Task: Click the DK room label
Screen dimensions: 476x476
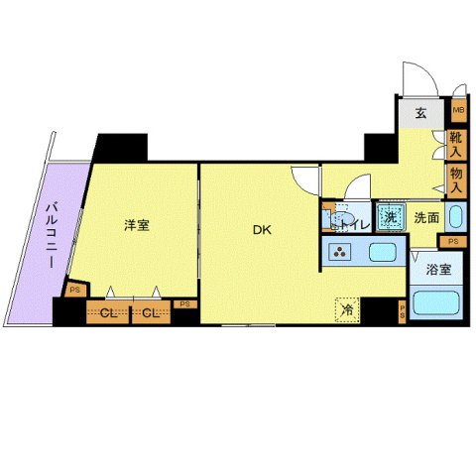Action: (261, 231)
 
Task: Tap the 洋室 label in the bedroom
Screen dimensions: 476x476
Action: (137, 225)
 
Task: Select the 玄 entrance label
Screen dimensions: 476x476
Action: (420, 113)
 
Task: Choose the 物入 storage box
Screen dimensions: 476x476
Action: (457, 178)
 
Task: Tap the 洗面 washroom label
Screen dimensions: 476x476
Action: (426, 217)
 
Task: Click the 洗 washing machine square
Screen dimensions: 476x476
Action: (391, 217)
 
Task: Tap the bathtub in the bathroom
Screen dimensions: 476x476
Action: (435, 300)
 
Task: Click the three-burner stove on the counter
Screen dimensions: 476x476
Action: (342, 253)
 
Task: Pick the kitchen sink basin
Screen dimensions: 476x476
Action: (383, 253)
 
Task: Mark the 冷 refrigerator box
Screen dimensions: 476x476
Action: (346, 308)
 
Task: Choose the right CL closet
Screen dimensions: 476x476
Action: (150, 313)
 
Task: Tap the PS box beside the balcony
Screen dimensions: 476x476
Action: (74, 290)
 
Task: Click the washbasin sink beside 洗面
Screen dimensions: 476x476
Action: (455, 216)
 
